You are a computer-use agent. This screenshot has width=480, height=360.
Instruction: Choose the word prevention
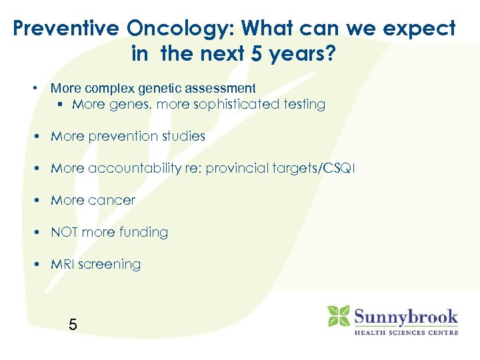click(x=120, y=136)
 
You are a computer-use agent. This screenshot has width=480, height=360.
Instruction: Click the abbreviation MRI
click(x=63, y=264)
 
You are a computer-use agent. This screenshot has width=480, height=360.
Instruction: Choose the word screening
click(x=110, y=265)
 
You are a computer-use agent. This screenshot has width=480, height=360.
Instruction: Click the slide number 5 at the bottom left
click(x=73, y=325)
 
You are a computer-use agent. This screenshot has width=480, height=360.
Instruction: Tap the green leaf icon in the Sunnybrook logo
click(x=339, y=316)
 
